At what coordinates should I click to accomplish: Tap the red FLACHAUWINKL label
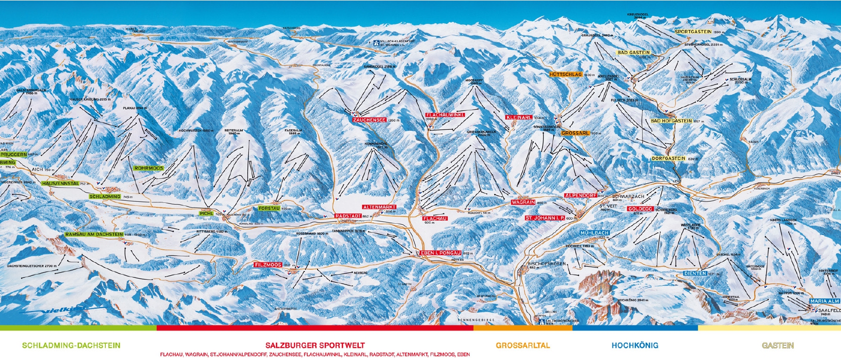(x=445, y=115)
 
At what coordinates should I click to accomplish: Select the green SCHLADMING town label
(x=105, y=196)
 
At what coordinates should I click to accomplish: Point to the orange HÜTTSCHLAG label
(x=565, y=75)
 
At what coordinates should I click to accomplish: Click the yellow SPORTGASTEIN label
(x=693, y=32)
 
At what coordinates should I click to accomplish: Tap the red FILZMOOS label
(x=268, y=265)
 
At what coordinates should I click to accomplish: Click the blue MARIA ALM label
(x=825, y=301)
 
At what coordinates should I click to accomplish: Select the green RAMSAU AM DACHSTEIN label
(x=94, y=234)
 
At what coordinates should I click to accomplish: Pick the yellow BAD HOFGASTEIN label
(x=671, y=121)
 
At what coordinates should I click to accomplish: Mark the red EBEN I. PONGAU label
(x=441, y=253)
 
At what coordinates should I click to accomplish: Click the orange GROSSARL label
(x=575, y=133)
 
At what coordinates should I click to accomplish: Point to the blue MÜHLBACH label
(x=594, y=233)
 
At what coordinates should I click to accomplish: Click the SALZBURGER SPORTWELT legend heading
(x=315, y=345)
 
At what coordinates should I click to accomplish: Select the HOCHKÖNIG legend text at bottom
(x=634, y=345)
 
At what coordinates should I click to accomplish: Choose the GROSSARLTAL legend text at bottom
(x=523, y=345)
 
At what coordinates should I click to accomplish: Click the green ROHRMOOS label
(x=149, y=168)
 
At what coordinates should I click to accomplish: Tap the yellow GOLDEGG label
(x=640, y=209)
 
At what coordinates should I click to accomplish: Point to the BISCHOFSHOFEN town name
(x=544, y=264)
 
